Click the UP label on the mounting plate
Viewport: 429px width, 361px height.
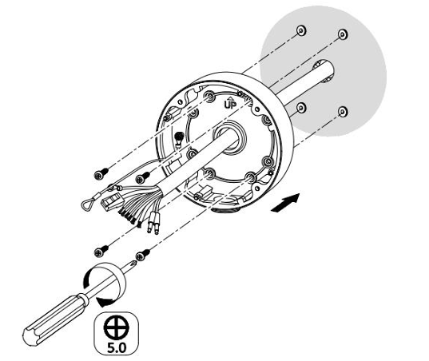point(230,105)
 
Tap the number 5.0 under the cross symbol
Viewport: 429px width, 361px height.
point(117,347)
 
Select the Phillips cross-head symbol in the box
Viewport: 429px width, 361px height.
point(117,327)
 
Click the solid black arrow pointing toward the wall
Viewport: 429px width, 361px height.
point(285,202)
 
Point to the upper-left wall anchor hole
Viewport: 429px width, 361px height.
point(301,30)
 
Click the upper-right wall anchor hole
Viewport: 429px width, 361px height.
point(343,34)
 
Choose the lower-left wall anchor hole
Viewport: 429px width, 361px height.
point(301,108)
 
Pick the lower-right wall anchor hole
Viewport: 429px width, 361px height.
point(343,112)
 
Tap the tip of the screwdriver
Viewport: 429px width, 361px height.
point(135,262)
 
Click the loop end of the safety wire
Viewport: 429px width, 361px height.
point(88,203)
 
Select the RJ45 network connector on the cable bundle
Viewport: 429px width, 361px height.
point(112,201)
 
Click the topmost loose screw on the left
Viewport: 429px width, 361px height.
point(101,174)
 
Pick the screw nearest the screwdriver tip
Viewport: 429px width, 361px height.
point(143,255)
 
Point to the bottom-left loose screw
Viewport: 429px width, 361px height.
point(101,251)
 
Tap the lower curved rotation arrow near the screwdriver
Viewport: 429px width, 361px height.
point(107,301)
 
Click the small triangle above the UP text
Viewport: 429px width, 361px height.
point(230,98)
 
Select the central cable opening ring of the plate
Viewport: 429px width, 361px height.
point(229,138)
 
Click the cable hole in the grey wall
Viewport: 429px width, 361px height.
point(324,72)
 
